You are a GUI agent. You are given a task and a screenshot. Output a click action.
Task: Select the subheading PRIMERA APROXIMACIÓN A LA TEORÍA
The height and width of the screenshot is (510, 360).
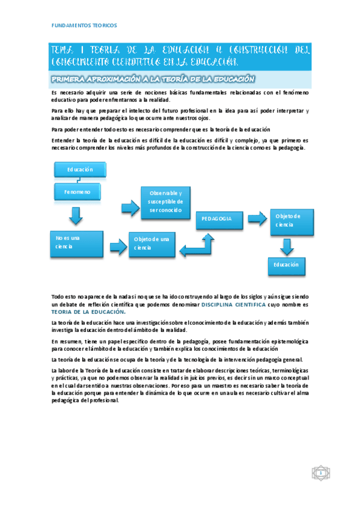coord(153,79)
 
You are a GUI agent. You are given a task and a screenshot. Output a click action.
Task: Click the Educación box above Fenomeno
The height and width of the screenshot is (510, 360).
coord(80,170)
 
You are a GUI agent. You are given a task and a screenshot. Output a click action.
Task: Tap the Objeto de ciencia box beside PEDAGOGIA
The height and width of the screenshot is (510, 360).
coord(291,220)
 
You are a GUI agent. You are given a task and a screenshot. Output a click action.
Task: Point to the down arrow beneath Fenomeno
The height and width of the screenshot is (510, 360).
coord(76,215)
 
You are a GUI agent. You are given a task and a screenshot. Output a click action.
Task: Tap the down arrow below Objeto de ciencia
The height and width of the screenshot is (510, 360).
coord(287,245)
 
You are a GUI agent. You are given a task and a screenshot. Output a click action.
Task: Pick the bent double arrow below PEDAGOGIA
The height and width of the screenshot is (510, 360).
coord(199,245)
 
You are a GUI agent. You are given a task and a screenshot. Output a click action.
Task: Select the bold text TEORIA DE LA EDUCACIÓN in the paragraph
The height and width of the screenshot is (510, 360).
coord(88,312)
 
